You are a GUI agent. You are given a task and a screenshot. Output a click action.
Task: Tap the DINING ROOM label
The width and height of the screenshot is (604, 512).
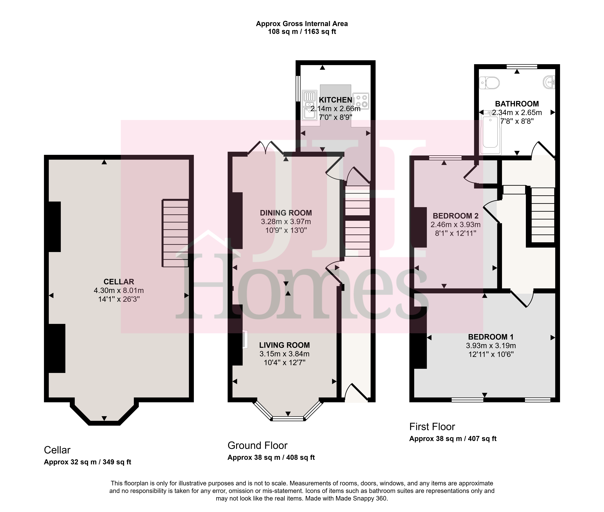tap(286, 213)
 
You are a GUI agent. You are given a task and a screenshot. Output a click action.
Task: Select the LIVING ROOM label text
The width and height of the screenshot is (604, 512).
tap(284, 345)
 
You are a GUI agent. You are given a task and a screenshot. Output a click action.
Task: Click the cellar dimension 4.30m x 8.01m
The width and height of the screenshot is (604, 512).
tap(119, 290)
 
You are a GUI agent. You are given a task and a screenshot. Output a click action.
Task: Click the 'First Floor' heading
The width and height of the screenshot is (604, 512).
tap(432, 427)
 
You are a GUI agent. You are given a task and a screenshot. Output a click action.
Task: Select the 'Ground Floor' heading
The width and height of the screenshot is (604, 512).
tap(257, 445)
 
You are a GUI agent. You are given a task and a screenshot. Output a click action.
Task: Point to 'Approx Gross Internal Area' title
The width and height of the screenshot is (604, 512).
tap(302, 24)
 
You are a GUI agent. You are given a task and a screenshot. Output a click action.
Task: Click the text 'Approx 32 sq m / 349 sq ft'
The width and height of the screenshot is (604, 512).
tap(87, 462)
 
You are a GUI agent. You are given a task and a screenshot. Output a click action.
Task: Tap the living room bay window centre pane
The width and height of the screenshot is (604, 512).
tap(288, 419)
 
